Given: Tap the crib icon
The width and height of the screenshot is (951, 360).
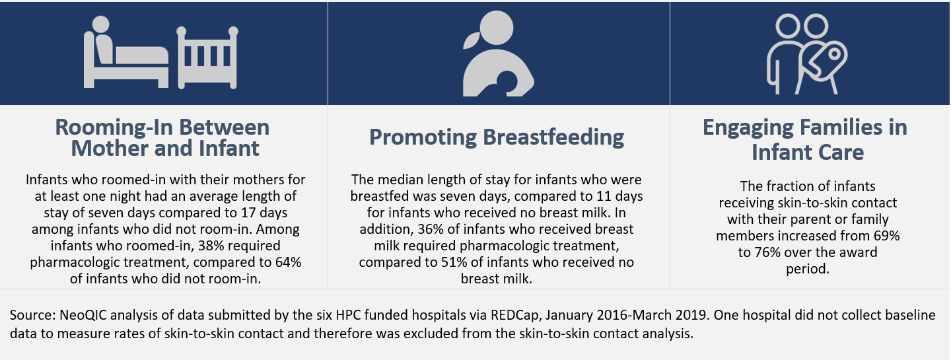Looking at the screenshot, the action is click(x=207, y=57).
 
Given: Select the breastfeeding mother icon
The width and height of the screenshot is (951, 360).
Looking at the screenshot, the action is click(x=497, y=54).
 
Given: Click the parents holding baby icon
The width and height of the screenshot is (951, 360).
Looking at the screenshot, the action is click(x=807, y=54).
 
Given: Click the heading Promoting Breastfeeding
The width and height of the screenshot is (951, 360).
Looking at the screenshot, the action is click(x=497, y=137).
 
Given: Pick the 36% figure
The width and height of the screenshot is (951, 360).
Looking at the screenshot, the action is click(x=430, y=229).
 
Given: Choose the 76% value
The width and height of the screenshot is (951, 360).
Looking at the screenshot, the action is click(x=767, y=252).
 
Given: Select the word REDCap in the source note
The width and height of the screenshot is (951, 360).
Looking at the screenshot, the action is click(x=516, y=316).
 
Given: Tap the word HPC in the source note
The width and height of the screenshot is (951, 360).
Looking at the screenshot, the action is click(x=349, y=316).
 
